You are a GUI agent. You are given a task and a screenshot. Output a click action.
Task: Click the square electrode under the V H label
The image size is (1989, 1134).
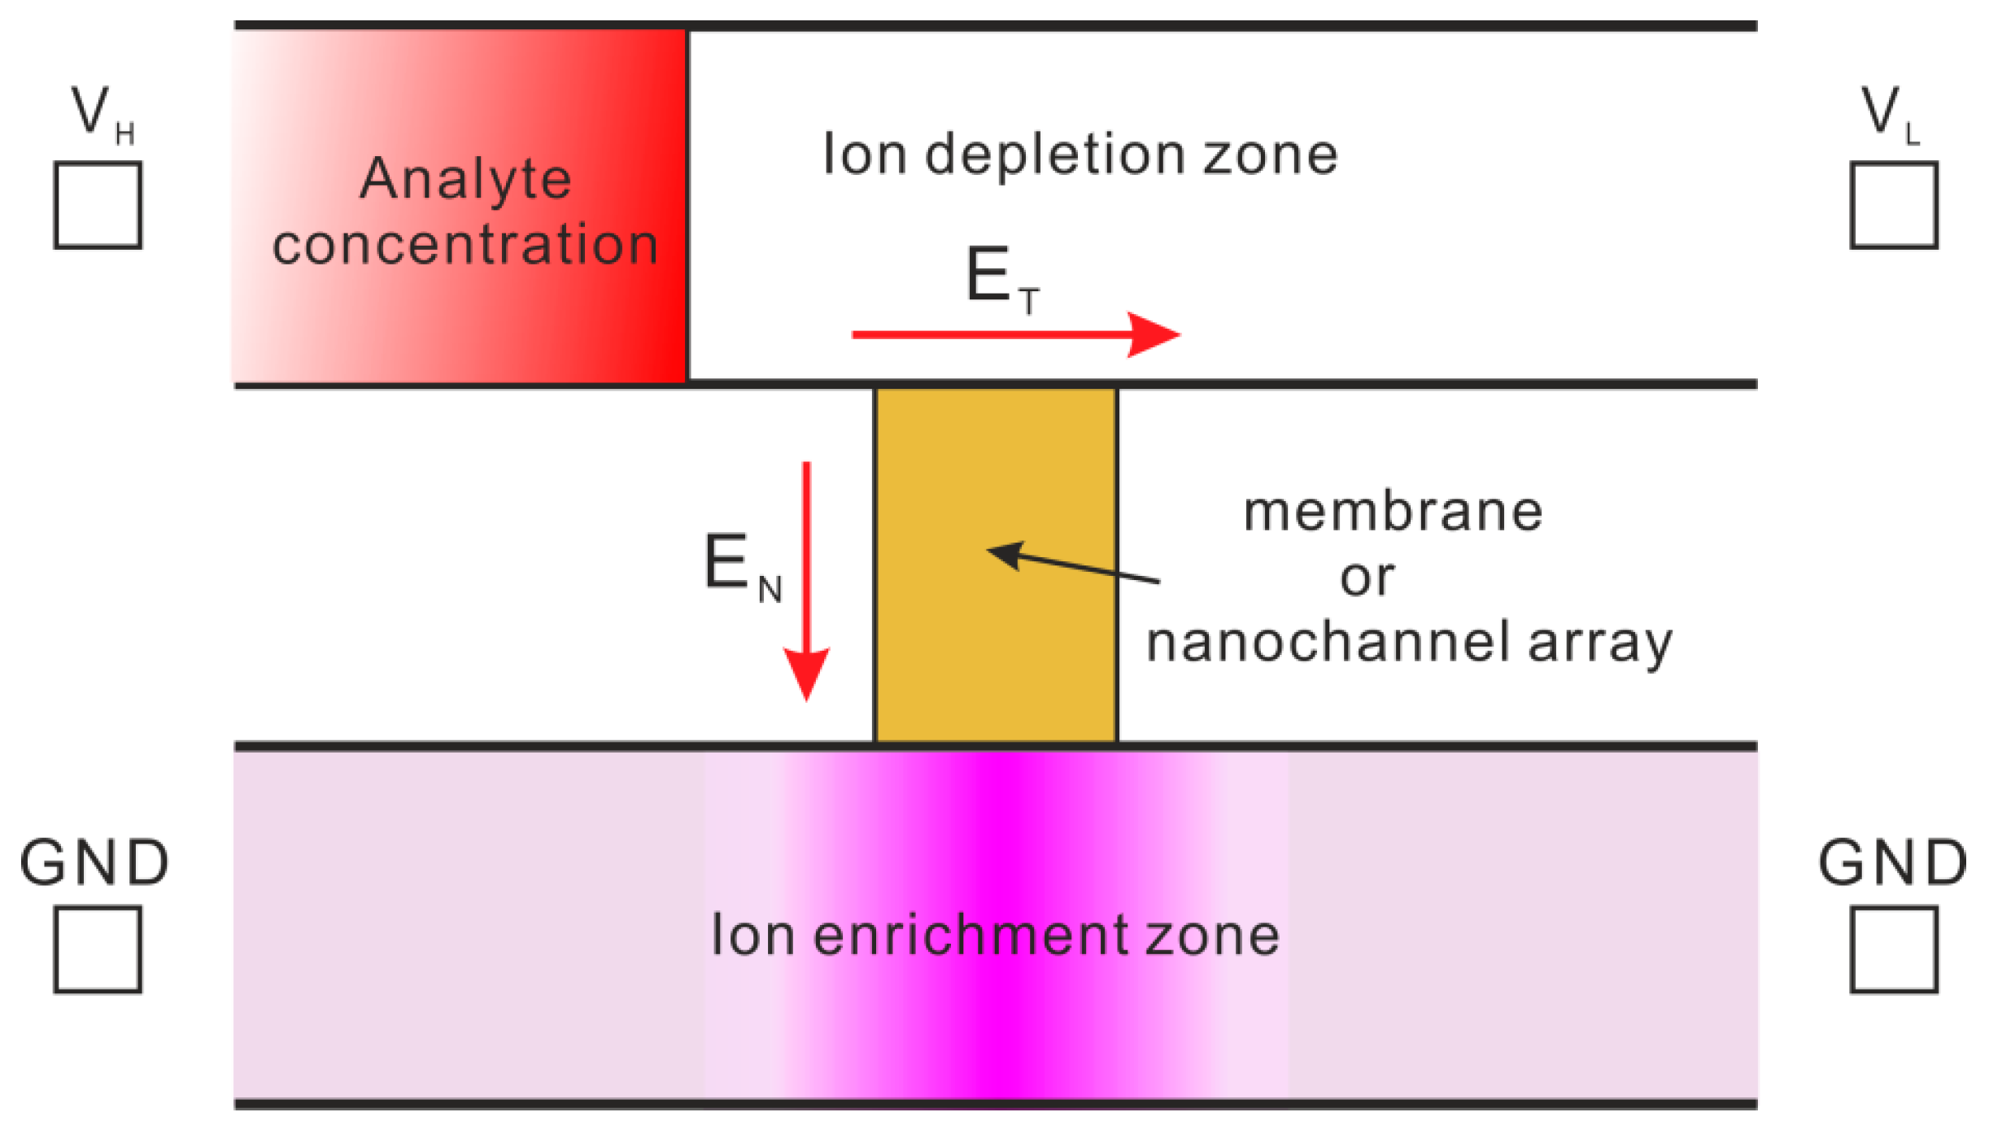click(98, 205)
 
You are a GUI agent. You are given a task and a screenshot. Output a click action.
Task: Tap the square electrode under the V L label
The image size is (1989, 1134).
click(1894, 205)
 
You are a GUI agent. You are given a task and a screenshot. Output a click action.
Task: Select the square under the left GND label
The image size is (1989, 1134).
click(98, 949)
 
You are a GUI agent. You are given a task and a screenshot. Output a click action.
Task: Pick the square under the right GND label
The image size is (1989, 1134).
click(1894, 949)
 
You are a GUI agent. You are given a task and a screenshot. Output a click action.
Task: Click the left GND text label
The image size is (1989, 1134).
click(94, 862)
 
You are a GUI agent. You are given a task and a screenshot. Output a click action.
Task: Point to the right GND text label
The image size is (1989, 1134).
click(1892, 862)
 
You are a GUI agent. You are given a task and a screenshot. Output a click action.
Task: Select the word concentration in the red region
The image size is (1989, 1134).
click(465, 244)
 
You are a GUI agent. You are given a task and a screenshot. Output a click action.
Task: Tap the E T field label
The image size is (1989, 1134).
click(1001, 278)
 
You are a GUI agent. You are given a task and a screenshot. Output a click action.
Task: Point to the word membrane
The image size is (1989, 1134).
click(1393, 512)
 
